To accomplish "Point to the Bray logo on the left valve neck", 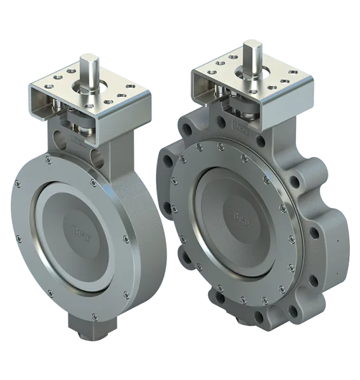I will click(x=76, y=137).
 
